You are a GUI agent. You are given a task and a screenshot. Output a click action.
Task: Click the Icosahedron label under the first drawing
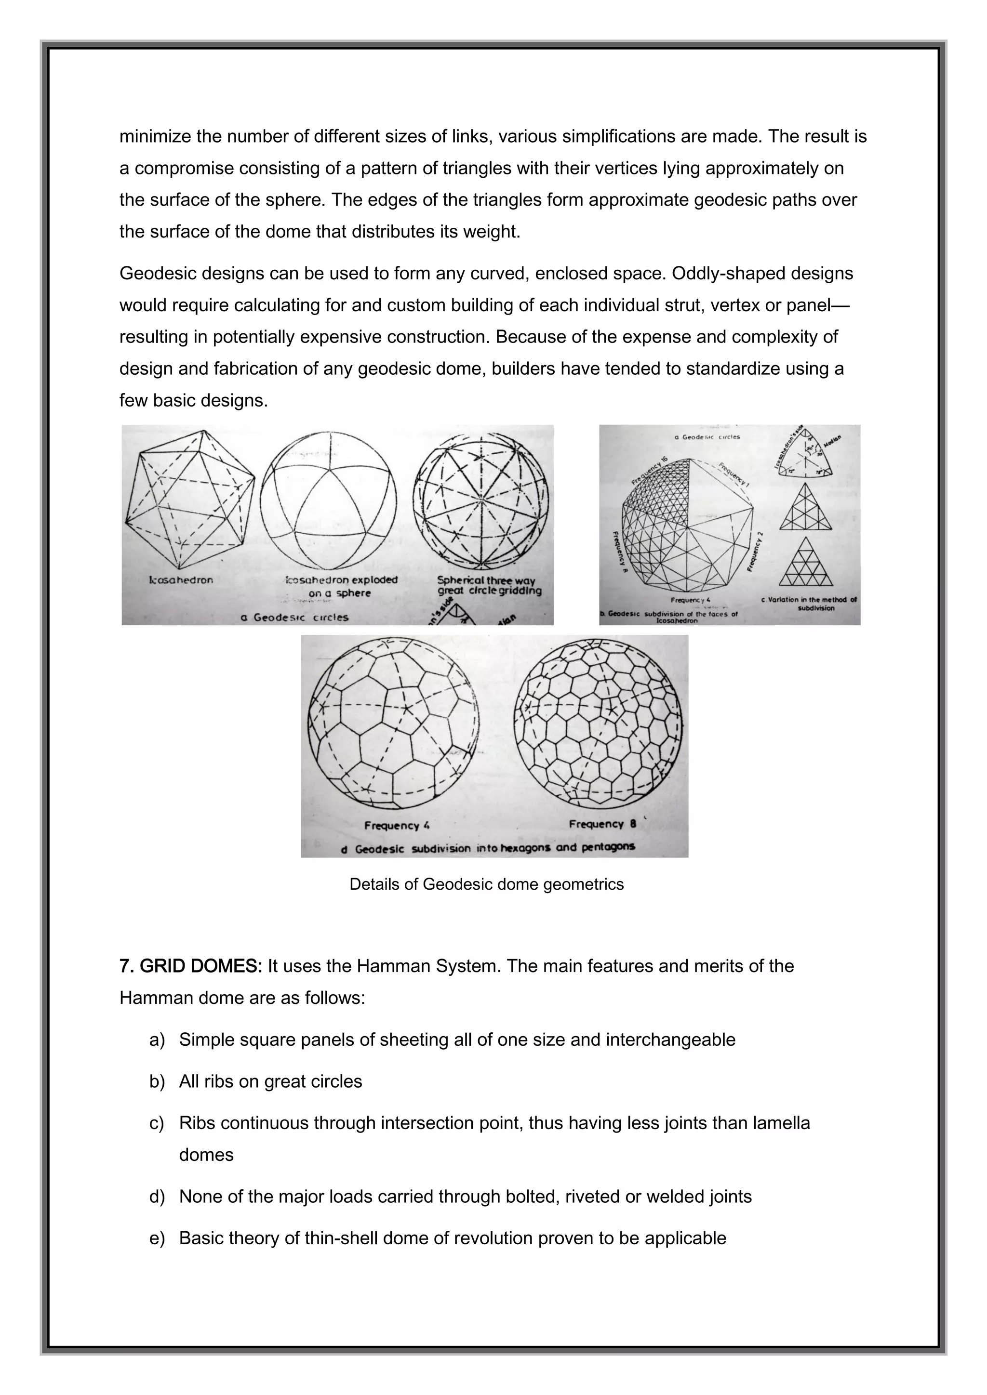click(x=181, y=579)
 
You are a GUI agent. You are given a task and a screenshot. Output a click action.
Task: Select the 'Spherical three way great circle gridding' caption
click(x=489, y=585)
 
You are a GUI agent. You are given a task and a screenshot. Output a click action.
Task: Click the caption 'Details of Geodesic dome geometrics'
click(x=486, y=884)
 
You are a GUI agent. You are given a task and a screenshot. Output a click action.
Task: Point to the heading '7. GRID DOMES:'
click(x=190, y=966)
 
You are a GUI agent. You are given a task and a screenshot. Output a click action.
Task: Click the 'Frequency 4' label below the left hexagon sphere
click(x=396, y=825)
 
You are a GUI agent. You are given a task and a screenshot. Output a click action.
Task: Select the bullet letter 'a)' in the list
click(x=157, y=1040)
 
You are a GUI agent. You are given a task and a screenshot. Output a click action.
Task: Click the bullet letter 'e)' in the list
click(x=157, y=1238)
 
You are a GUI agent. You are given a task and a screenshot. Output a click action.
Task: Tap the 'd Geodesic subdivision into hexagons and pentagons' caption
click(x=489, y=848)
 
